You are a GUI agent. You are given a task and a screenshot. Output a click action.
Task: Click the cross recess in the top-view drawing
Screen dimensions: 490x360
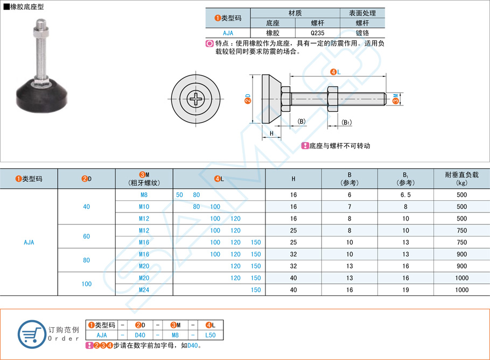(x=195, y=98)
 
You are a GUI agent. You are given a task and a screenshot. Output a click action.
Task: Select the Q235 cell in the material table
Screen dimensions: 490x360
(x=318, y=33)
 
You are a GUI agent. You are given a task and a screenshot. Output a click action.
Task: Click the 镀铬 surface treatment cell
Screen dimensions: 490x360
(x=362, y=33)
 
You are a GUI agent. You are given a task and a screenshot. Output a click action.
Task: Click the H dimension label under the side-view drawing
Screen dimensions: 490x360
(x=271, y=133)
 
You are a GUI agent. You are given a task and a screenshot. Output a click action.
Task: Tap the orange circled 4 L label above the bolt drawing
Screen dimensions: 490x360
(x=335, y=72)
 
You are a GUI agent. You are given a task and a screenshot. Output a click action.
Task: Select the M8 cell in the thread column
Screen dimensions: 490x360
(x=144, y=195)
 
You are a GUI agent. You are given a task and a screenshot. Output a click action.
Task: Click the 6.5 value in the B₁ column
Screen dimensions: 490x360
(x=405, y=195)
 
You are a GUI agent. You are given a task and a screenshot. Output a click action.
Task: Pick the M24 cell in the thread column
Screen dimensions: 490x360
(x=144, y=290)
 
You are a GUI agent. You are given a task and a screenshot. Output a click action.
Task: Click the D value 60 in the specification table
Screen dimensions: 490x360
(x=86, y=236)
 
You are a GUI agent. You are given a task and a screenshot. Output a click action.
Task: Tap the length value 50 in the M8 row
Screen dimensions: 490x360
(x=179, y=195)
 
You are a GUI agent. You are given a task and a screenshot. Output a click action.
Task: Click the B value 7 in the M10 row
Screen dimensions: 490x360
(x=349, y=207)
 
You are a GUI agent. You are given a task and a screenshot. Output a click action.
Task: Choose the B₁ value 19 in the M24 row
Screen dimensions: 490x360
(x=405, y=290)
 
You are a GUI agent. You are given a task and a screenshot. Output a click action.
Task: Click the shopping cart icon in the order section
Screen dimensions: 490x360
(x=32, y=334)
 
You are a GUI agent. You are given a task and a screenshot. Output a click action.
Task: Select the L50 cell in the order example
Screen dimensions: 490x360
(x=211, y=335)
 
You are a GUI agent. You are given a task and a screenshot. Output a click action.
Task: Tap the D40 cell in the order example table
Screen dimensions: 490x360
(x=140, y=335)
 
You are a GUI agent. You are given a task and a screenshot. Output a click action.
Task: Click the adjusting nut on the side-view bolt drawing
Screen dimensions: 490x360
(x=333, y=98)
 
